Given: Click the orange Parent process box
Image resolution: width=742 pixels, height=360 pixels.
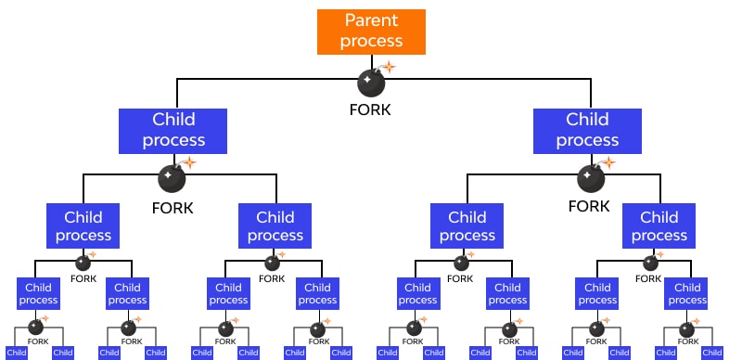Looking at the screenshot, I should [371, 32].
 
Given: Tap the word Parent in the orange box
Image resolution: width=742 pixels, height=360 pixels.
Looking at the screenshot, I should [371, 20].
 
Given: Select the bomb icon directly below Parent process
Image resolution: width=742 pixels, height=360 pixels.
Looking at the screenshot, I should [371, 84].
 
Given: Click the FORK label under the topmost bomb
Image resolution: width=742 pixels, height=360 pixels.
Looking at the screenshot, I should [371, 109].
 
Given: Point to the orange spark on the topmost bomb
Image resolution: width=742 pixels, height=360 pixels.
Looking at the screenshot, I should [388, 67].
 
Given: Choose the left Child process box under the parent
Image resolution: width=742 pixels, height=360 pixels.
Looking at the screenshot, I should [173, 130].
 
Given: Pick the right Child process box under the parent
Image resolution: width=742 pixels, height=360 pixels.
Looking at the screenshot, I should [587, 130].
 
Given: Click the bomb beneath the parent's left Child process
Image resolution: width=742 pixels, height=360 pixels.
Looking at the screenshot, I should [172, 177].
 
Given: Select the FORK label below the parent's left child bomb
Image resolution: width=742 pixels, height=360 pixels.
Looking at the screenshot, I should [173, 208].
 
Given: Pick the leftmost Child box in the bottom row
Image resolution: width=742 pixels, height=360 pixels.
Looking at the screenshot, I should [17, 353].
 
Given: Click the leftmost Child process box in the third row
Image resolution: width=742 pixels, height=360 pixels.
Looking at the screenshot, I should [83, 226].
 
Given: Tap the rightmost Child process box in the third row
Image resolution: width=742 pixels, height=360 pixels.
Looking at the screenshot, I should [659, 226].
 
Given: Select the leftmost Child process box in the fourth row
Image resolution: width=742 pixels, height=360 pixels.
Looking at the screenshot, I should [38, 294].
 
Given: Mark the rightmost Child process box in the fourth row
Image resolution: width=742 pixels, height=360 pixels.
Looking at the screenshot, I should [687, 294].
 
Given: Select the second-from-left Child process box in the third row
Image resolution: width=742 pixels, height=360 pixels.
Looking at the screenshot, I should [275, 226].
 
